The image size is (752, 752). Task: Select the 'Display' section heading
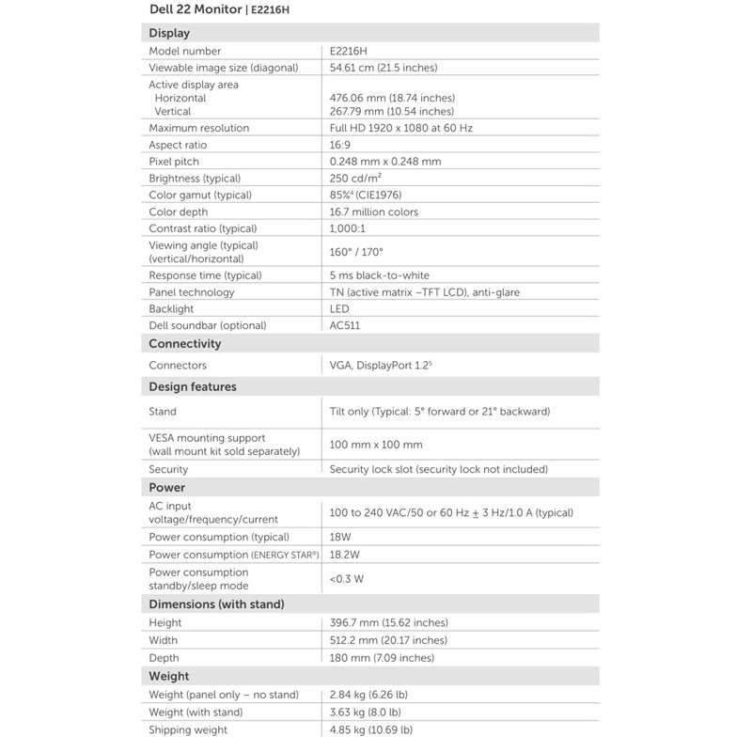point(169,33)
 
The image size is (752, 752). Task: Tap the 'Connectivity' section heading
point(185,343)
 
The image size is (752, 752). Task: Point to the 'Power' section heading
point(167,487)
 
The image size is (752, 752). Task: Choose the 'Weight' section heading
point(169,676)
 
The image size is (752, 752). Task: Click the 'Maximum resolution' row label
point(199,128)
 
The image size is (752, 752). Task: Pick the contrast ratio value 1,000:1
point(347,228)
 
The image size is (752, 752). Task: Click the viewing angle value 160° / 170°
point(357,252)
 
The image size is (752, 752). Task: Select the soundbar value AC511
point(345,325)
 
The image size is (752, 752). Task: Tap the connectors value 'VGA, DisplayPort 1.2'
point(381,365)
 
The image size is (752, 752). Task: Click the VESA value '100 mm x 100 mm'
point(376,445)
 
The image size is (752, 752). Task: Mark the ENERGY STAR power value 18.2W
point(345,555)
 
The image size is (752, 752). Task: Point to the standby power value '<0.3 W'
point(347,578)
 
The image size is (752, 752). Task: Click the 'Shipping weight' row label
point(188,729)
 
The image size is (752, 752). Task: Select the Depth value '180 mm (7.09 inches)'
point(382,657)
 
